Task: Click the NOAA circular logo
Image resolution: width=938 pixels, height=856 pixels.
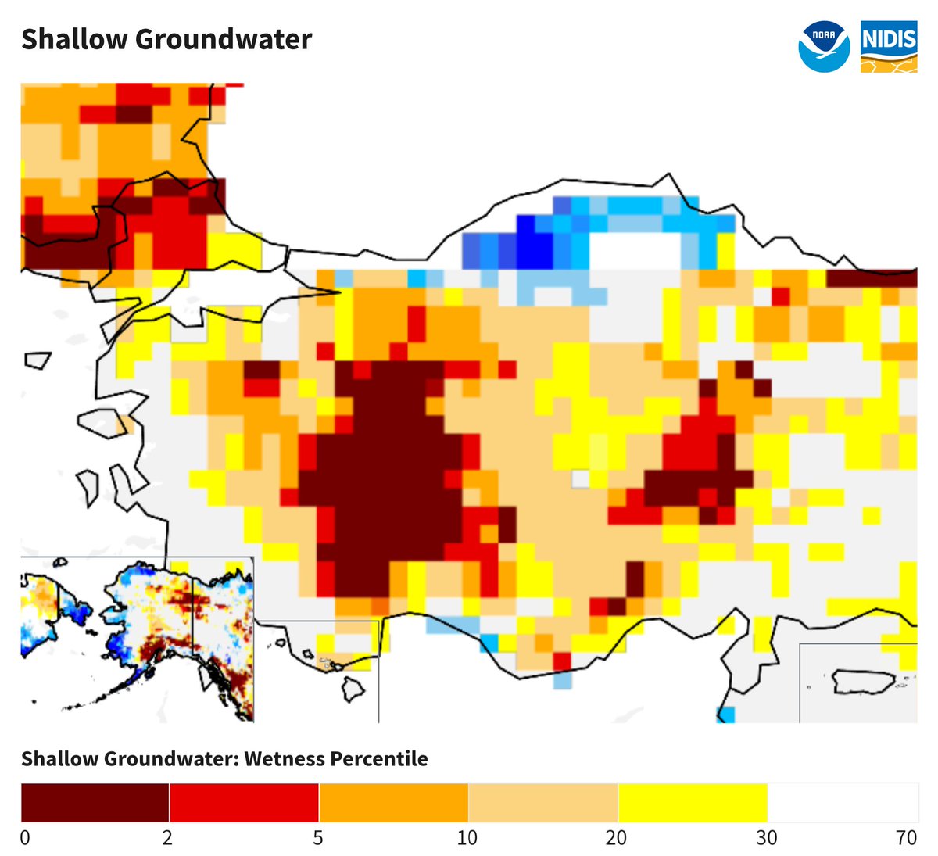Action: pyautogui.click(x=824, y=48)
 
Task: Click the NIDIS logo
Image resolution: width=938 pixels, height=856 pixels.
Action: pyautogui.click(x=889, y=48)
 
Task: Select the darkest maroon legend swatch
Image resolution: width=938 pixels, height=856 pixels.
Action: pyautogui.click(x=95, y=802)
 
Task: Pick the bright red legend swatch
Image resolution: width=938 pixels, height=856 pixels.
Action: pyautogui.click(x=244, y=802)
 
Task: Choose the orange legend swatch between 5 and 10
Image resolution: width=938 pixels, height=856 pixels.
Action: pyautogui.click(x=393, y=802)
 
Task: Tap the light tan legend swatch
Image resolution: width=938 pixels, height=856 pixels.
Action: pyautogui.click(x=542, y=802)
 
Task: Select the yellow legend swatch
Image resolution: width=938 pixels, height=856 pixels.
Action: pyautogui.click(x=693, y=802)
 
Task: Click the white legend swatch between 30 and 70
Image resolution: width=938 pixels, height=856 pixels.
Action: pyautogui.click(x=843, y=802)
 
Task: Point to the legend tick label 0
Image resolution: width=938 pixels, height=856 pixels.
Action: pyautogui.click(x=26, y=838)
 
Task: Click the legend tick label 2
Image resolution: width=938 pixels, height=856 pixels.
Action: pyautogui.click(x=168, y=838)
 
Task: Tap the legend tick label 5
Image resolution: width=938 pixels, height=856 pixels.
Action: pyautogui.click(x=318, y=838)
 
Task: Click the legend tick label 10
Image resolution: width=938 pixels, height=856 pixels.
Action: pyautogui.click(x=467, y=838)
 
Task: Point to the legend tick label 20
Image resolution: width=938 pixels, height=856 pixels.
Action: pyautogui.click(x=617, y=838)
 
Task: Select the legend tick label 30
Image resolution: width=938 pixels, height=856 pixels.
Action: pyautogui.click(x=767, y=838)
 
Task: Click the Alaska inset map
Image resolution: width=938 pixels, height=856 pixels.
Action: pyautogui.click(x=137, y=639)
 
